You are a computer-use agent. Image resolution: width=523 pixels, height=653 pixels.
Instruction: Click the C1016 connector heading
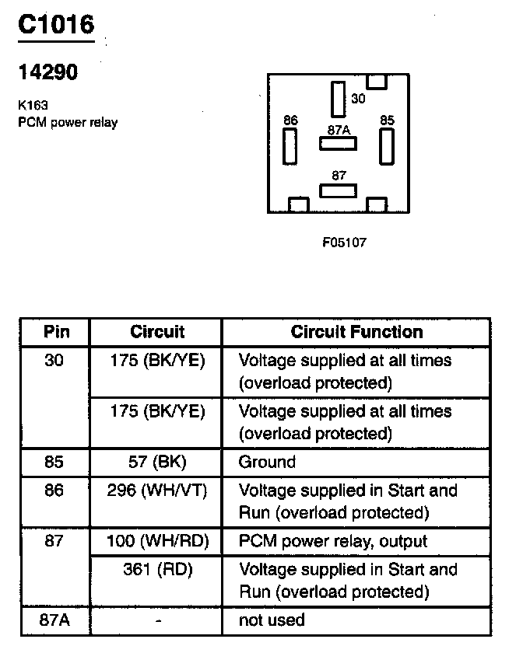[56, 25]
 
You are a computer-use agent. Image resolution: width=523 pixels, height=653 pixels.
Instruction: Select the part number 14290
[47, 72]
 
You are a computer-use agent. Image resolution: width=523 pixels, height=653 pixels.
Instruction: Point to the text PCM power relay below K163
[68, 122]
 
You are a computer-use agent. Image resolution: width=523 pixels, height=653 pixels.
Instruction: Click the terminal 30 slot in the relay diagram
[338, 99]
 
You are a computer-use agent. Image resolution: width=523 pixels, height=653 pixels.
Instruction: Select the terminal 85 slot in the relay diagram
[387, 145]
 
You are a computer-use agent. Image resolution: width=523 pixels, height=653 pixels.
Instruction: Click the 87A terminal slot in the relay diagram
[338, 143]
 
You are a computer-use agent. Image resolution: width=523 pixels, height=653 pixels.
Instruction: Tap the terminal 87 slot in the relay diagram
[338, 190]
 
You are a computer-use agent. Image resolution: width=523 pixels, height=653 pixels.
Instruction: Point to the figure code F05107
[344, 243]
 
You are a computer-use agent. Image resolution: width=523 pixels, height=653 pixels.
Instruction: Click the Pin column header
[56, 332]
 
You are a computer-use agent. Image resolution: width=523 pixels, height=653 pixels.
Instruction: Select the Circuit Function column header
[356, 332]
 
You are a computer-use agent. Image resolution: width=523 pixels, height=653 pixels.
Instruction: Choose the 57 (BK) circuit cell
[157, 462]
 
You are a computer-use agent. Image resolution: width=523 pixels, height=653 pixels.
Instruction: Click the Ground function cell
[267, 462]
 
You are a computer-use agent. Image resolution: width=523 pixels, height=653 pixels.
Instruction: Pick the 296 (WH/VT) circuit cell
[157, 491]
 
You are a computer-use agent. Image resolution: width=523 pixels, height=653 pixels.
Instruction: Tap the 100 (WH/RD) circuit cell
[157, 541]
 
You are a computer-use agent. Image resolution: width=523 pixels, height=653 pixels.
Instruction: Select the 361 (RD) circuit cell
[157, 569]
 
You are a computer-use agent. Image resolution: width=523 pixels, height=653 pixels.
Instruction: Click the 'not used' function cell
[272, 620]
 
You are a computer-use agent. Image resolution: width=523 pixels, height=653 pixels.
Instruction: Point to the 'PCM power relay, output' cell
[332, 541]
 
